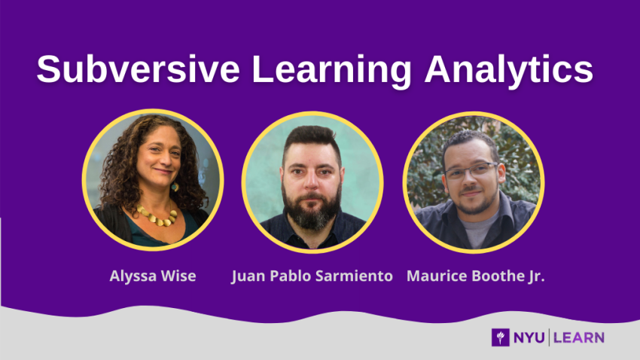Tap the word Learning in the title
(331, 70)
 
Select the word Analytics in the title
(508, 70)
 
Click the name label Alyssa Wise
(153, 276)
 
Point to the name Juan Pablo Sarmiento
(312, 276)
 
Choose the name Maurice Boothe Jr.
(475, 276)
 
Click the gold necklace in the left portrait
(158, 217)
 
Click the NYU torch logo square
(500, 337)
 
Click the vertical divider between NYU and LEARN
(549, 337)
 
